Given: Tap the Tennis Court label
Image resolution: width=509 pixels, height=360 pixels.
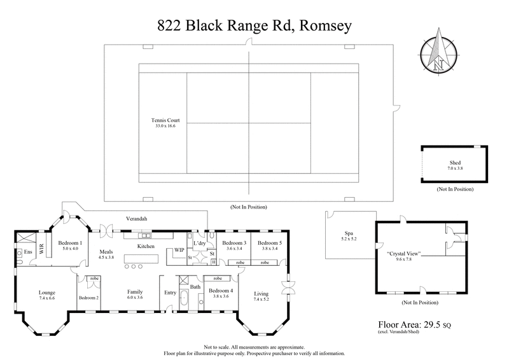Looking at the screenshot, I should [165, 120].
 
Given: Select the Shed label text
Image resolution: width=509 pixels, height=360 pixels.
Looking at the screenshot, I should [454, 163].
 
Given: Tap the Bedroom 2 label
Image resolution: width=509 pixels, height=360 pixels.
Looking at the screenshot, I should [88, 298].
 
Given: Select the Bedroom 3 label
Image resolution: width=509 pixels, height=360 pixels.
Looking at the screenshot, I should [235, 244].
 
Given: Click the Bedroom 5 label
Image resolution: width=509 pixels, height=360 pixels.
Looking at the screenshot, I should [269, 244].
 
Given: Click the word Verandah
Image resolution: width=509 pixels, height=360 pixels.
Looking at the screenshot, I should [136, 219].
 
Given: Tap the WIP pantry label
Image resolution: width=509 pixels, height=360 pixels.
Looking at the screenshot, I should [179, 251].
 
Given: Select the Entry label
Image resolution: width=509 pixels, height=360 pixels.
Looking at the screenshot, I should [169, 293].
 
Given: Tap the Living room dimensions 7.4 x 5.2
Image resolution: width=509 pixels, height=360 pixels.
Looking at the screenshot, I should [261, 299].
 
